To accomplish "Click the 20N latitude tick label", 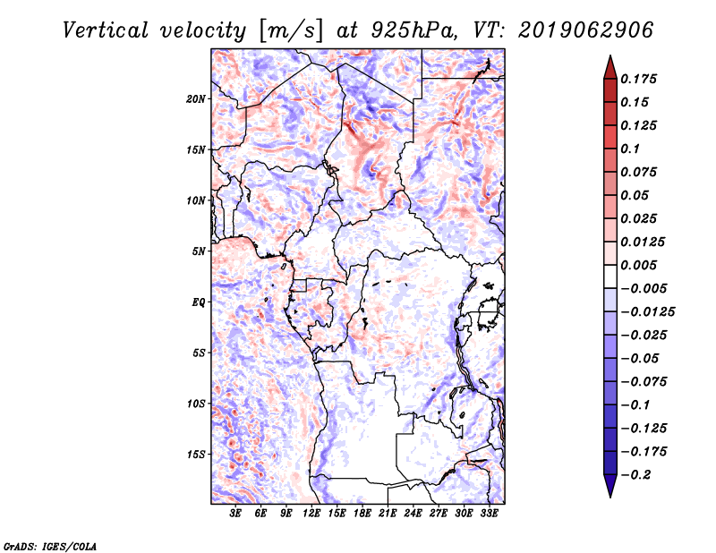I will point(197,98).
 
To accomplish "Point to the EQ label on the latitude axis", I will point(199,302).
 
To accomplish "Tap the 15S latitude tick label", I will point(197,454).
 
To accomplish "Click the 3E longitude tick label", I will point(236,514).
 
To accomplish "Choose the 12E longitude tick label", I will point(312,514).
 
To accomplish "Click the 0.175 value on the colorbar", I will point(641,79).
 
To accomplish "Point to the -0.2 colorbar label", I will point(638,474).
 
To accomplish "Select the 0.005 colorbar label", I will point(641,265).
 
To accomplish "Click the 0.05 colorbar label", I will point(636,195).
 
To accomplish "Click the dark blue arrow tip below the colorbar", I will point(609,491).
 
